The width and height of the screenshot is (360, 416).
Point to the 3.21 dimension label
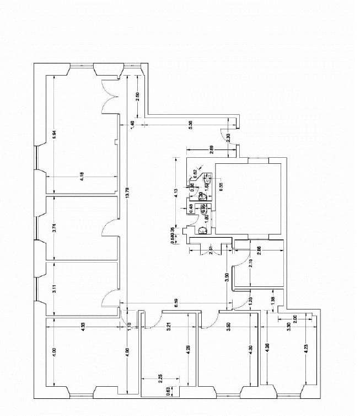tap(169, 326)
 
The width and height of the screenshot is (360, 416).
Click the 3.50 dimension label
tap(228, 326)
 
